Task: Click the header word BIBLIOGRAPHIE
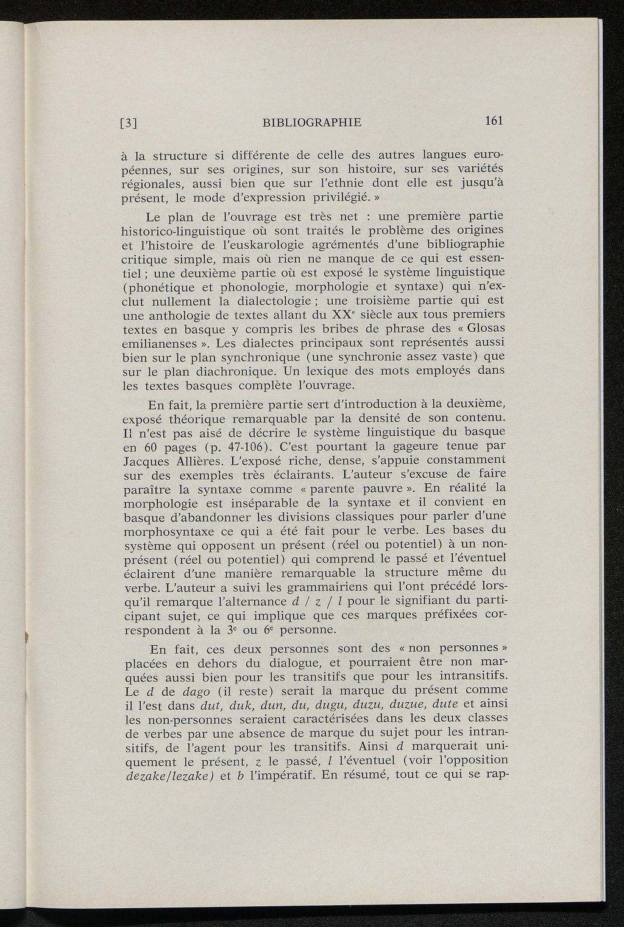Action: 312,122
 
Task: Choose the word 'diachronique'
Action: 231,371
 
